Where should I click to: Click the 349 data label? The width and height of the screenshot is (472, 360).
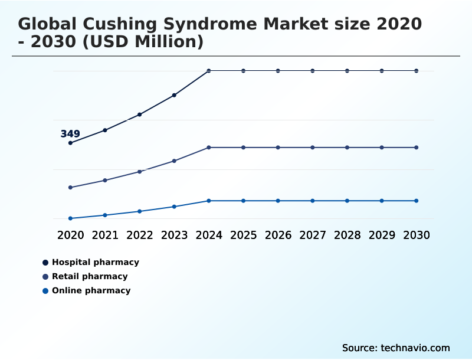tap(70, 134)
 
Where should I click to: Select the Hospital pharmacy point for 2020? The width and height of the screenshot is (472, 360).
tap(70, 143)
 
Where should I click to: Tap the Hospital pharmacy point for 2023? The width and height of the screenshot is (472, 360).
tap(174, 95)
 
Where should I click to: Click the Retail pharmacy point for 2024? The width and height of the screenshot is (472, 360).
tap(209, 148)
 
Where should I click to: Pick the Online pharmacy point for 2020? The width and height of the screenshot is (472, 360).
tap(70, 218)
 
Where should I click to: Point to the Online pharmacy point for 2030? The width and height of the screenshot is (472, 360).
tap(417, 201)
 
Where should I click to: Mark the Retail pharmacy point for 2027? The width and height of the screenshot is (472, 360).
tap(313, 148)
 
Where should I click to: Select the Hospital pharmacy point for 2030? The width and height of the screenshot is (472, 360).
tap(417, 71)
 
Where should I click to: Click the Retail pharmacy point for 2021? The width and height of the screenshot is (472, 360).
tap(105, 180)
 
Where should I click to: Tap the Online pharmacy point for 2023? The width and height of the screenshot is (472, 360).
tap(174, 207)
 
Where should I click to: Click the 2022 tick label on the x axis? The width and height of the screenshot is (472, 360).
tap(139, 235)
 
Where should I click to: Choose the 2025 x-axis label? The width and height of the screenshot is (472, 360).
tap(243, 235)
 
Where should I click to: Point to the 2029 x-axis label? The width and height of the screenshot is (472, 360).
tap(382, 235)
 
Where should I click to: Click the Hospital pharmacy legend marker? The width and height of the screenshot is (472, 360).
tap(45, 263)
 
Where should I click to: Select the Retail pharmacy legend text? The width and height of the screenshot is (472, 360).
tap(90, 277)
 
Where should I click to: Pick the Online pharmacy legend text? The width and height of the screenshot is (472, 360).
tap(91, 291)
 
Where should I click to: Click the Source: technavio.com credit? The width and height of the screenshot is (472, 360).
tap(396, 348)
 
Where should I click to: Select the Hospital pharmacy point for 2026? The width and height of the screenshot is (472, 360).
tap(278, 71)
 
